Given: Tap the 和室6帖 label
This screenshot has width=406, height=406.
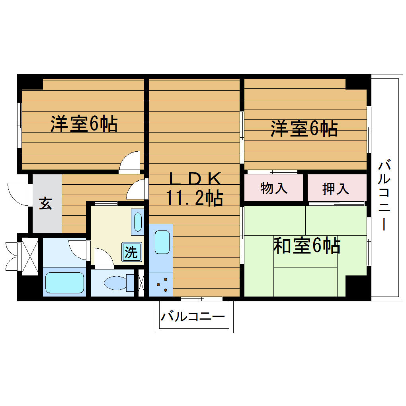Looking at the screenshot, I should pyautogui.click(x=306, y=246).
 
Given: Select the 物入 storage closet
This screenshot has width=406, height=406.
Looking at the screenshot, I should pyautogui.click(x=274, y=188).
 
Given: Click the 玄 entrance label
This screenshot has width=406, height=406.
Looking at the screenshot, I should pyautogui.click(x=45, y=203).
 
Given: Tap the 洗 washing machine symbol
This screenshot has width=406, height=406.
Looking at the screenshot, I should pyautogui.click(x=131, y=252).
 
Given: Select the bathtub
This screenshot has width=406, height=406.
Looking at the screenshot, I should pyautogui.click(x=64, y=283).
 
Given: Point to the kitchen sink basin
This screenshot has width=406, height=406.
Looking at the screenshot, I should pyautogui.click(x=162, y=241).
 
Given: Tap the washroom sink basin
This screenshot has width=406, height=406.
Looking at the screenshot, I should pyautogui.click(x=138, y=222).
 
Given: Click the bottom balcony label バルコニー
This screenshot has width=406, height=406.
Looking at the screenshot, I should pyautogui.click(x=193, y=317).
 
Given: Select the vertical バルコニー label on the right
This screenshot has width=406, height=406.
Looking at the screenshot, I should pyautogui.click(x=384, y=195).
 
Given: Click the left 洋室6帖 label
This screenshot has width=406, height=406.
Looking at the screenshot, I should pyautogui.click(x=84, y=124).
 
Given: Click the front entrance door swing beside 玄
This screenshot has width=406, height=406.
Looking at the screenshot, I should pyautogui.click(x=18, y=195).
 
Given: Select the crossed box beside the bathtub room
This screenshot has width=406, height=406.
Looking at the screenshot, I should pyautogui.click(x=29, y=256).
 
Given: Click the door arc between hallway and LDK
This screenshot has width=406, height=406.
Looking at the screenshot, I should pyautogui.click(x=137, y=189).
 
